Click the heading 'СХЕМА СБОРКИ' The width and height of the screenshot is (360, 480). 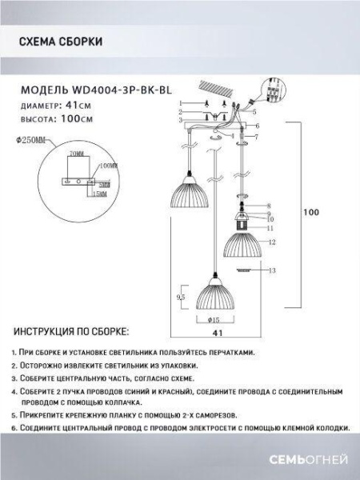pos(60,42)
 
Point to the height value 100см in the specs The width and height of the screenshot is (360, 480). pos(78,118)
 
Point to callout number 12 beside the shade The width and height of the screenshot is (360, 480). pos(272,242)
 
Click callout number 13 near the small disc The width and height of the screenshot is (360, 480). pos(272,271)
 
